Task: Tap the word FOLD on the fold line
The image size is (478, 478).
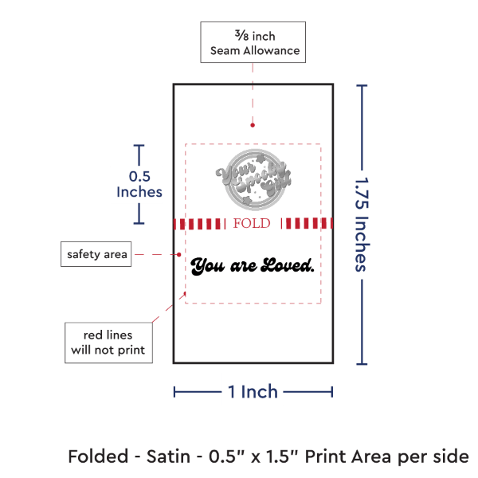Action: [x=252, y=224]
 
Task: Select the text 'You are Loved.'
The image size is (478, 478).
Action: [x=253, y=265]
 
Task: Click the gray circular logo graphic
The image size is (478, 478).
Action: [x=252, y=178]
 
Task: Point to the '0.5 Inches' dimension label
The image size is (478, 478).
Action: [x=139, y=184]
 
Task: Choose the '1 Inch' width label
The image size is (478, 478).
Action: [x=253, y=391]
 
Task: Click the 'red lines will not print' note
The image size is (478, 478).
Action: [x=108, y=342]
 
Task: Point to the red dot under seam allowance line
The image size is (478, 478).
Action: [x=253, y=125]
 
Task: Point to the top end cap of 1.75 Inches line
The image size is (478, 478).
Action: [x=363, y=85]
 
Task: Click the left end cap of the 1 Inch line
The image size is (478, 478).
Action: [x=174, y=391]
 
